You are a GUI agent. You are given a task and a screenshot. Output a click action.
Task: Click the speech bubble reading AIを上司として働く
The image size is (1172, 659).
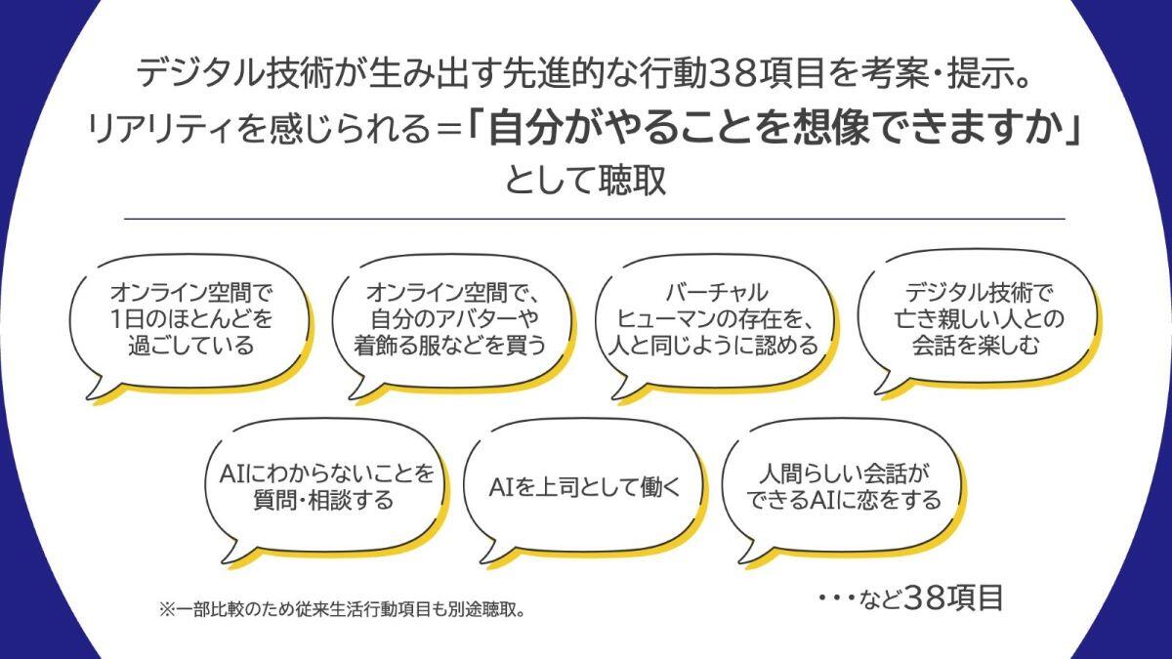pos(584,489)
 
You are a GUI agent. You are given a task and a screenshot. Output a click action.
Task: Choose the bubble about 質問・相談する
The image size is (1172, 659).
pos(325,489)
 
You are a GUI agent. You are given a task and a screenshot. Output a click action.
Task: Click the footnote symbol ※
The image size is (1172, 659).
pos(167,610)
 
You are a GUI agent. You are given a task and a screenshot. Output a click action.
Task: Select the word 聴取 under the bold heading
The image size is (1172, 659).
pos(632,181)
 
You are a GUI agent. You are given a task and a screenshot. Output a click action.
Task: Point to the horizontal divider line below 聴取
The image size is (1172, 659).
pos(595,219)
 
